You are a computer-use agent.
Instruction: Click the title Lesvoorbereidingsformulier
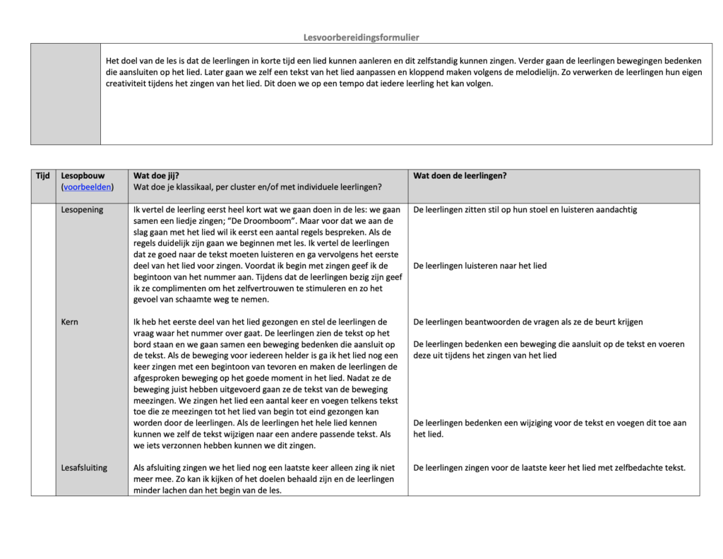point(361,37)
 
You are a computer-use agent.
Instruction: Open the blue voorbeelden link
point(88,187)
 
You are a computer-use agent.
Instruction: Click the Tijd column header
point(42,176)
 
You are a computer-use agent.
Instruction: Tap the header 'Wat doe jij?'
point(157,176)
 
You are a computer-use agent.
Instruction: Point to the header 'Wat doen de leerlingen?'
point(460,176)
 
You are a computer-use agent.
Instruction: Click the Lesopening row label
point(82,210)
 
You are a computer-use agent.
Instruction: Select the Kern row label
point(70,322)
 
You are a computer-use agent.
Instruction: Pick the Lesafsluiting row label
point(85,468)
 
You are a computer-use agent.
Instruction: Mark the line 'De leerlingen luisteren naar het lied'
point(480,266)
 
